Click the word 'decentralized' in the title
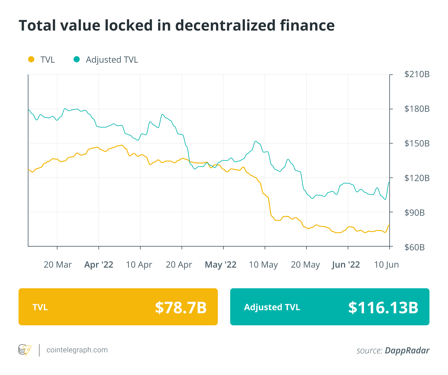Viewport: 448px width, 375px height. [x=226, y=26]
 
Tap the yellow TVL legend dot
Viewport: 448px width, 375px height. [x=31, y=59]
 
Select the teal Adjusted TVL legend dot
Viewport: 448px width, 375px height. [x=77, y=59]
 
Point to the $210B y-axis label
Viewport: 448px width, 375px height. [x=417, y=74]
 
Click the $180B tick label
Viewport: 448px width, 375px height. [x=417, y=109]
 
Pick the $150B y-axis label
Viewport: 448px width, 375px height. [x=417, y=144]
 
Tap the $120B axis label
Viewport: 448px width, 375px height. [x=417, y=178]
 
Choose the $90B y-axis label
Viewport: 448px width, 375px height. [x=414, y=213]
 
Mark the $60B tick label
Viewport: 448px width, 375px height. [x=414, y=247]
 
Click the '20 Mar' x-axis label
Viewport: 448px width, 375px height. [x=57, y=265]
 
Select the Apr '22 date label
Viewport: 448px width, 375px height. [x=99, y=265]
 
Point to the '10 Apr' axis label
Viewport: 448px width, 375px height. [x=139, y=265]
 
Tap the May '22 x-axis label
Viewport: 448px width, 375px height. [x=221, y=265]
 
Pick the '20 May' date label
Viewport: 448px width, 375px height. [x=305, y=265]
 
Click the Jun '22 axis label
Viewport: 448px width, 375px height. [x=346, y=265]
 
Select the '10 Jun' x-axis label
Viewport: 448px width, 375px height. [x=386, y=265]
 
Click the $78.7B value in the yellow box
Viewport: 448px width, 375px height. [x=181, y=307]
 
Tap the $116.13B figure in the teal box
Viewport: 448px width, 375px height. [x=383, y=307]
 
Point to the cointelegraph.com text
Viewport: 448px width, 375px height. [x=77, y=350]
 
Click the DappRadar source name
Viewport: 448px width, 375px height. [x=407, y=351]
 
